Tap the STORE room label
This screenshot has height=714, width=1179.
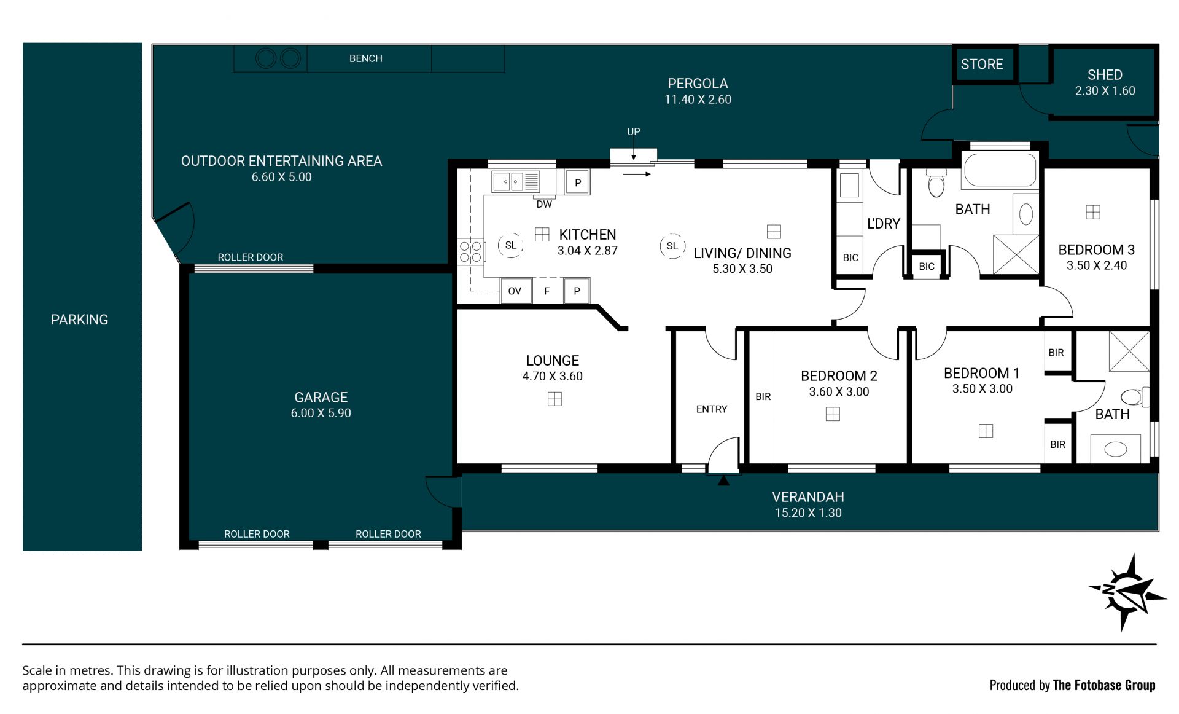[981, 65]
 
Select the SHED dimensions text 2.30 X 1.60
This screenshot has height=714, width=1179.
[1105, 91]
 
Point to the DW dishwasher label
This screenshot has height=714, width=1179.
[544, 204]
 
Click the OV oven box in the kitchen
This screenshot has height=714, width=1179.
[515, 291]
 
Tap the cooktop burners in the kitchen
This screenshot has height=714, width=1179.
[471, 251]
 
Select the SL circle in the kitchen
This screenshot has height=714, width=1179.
[510, 245]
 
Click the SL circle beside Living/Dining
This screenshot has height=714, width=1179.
[672, 246]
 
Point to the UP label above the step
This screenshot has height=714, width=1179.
[634, 131]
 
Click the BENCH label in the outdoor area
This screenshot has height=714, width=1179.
[366, 58]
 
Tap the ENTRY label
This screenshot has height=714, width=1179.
[712, 409]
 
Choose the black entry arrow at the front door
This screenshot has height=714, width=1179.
[723, 480]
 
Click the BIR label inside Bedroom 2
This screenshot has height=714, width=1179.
[763, 397]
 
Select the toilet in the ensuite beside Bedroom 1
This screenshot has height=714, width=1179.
[1135, 396]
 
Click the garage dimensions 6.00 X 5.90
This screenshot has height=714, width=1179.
[321, 414]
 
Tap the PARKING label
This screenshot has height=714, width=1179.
[79, 320]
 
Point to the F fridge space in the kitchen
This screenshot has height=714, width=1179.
[547, 291]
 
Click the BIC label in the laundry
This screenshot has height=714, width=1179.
[850, 258]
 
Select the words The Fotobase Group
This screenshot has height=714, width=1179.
[1104, 685]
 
